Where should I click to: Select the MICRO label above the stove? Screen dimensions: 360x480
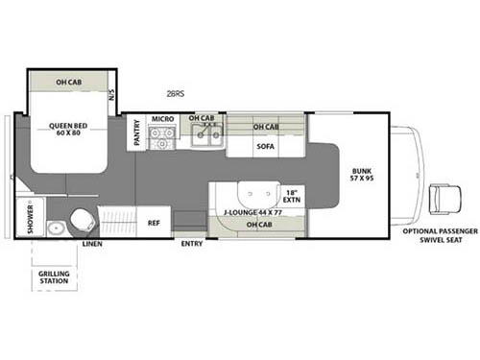162,119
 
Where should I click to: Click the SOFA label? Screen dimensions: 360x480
266,147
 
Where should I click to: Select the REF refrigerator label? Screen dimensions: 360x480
153,222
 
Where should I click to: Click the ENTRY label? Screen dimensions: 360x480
191,244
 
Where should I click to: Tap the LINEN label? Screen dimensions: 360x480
92,244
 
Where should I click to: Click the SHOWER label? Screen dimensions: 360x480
30,216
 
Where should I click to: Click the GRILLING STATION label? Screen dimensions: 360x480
54,278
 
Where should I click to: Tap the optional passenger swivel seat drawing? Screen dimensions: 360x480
445,201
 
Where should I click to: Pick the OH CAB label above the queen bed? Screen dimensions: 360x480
67,82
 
